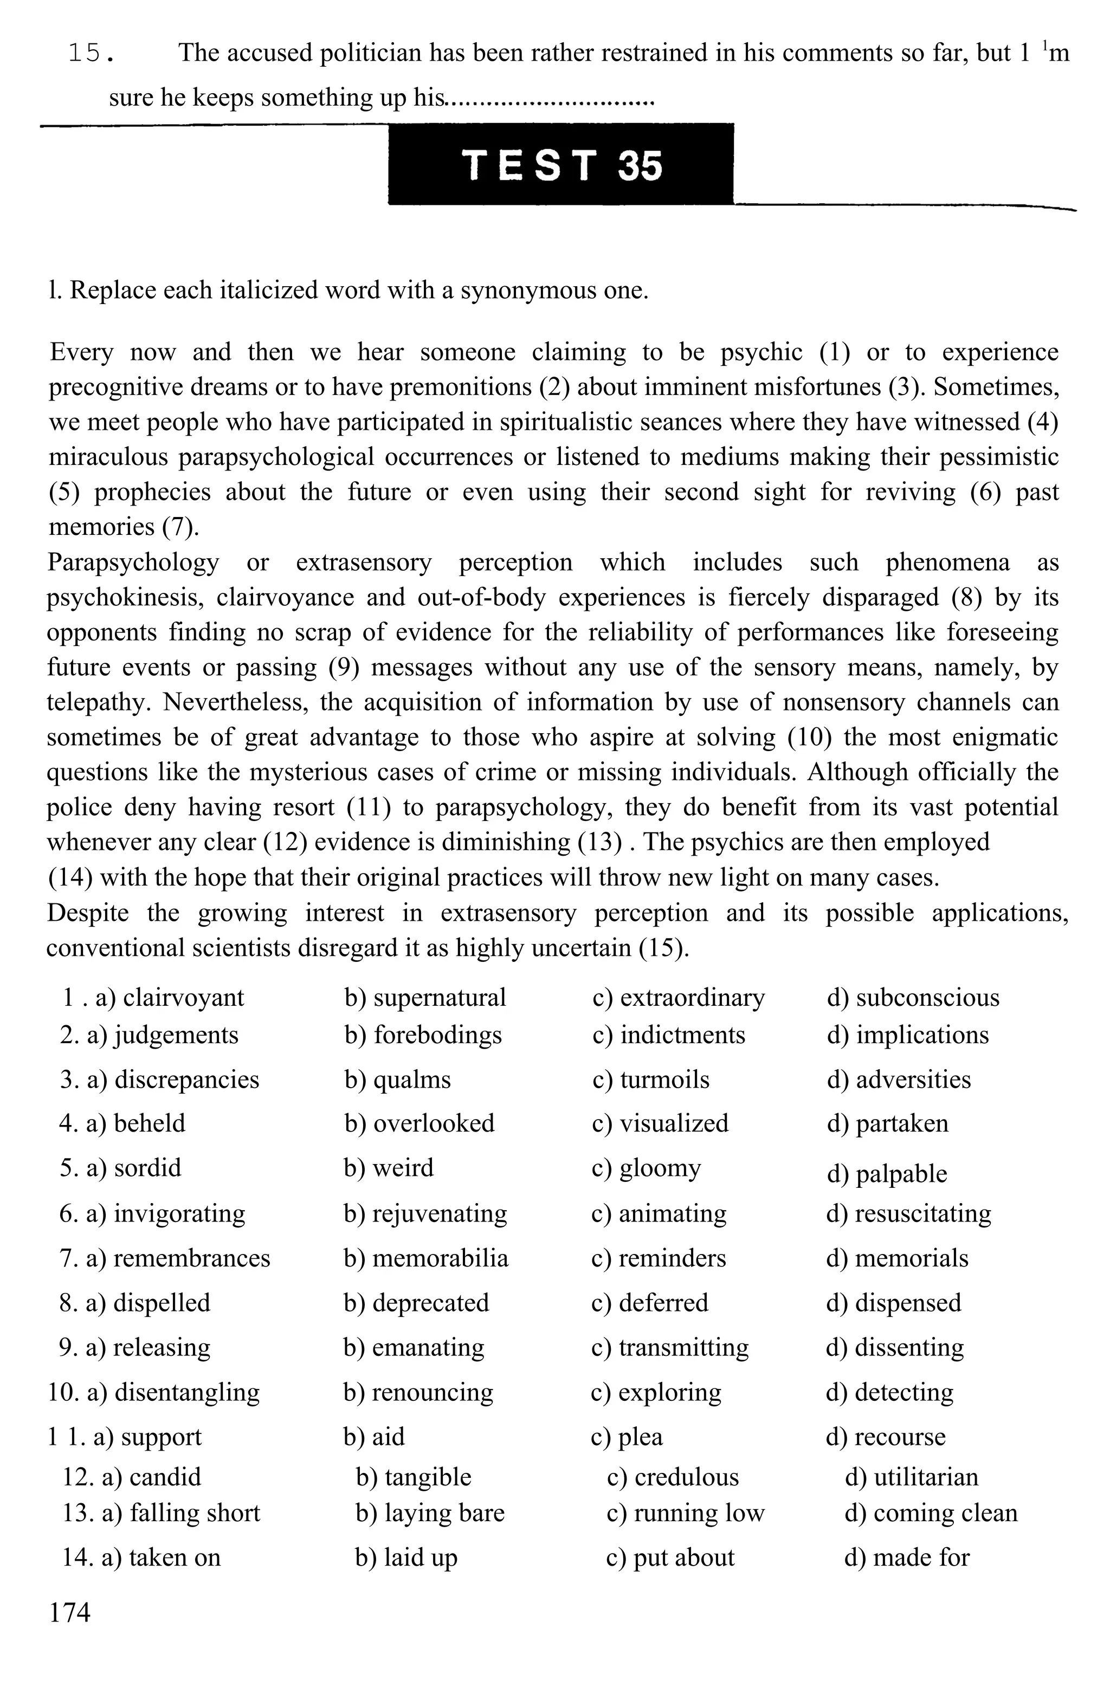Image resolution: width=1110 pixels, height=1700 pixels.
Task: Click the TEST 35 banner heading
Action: coord(562,164)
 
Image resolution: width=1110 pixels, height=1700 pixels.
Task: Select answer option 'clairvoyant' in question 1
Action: coord(183,997)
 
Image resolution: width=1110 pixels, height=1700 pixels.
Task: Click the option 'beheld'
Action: coord(149,1123)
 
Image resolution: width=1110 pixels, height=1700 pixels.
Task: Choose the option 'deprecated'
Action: coord(430,1302)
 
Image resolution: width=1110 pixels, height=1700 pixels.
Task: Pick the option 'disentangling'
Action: coord(186,1392)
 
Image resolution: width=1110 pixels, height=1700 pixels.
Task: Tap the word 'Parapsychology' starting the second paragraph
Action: coord(133,561)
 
